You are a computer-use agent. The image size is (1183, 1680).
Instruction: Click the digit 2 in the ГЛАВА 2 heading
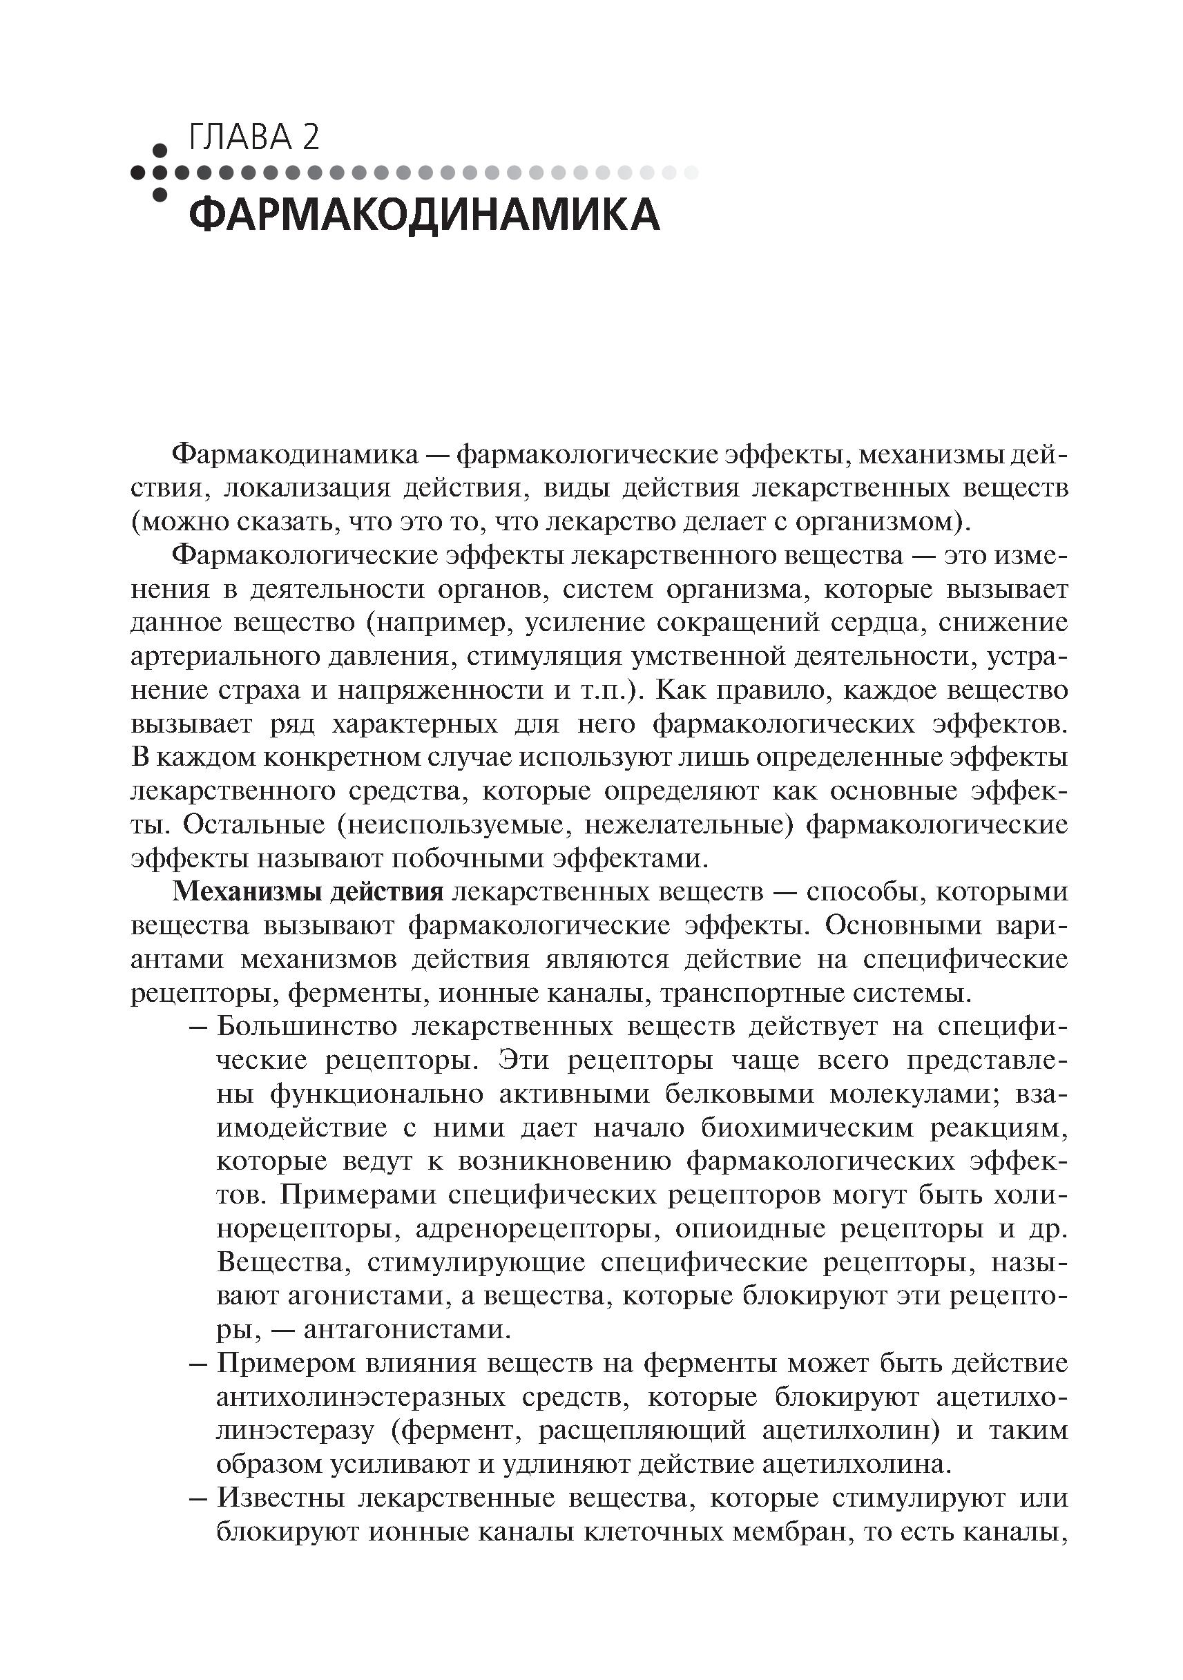[x=310, y=137]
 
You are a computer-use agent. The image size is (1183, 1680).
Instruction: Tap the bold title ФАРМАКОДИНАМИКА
[x=424, y=215]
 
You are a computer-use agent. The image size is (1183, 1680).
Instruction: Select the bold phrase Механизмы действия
[x=308, y=892]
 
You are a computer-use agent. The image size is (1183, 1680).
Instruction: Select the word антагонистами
[x=406, y=1329]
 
